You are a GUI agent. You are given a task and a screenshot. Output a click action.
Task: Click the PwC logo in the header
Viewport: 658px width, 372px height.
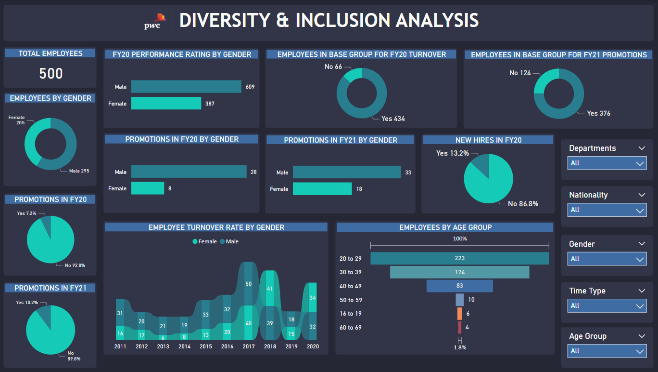coord(155,22)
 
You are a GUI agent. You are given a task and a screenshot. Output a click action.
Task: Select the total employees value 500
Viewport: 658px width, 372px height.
coord(51,73)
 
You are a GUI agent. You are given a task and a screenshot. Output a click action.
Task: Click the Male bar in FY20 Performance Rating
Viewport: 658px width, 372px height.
coord(186,87)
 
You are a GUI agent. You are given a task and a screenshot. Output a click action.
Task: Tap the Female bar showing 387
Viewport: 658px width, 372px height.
coord(166,103)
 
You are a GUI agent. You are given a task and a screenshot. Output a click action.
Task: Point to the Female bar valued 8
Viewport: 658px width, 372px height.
coord(148,188)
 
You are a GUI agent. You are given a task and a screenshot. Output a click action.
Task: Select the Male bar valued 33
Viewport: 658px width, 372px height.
coord(347,172)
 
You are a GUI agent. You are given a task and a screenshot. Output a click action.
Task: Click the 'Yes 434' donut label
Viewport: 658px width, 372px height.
coord(393,119)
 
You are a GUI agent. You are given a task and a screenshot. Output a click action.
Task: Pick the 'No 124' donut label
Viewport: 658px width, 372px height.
coord(520,73)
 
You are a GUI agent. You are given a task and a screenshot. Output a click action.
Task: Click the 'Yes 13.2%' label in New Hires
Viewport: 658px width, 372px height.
coord(452,153)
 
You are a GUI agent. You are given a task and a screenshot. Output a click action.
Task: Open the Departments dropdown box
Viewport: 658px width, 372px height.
coord(607,163)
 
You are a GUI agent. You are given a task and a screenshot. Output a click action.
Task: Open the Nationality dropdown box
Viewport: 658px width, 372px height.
coord(607,210)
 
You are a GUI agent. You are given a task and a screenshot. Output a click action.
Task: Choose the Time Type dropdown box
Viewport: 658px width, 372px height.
coord(607,306)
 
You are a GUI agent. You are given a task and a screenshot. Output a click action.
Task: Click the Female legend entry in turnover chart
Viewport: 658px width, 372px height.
coord(205,241)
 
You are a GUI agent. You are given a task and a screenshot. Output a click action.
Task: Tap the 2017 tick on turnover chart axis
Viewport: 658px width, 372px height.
coord(249,346)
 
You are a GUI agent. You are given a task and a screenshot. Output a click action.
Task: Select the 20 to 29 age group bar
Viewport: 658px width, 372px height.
coord(459,258)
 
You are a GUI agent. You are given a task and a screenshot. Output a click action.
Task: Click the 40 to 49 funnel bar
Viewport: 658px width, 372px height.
coord(459,286)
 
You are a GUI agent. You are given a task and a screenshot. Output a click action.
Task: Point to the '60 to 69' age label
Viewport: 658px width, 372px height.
coord(350,328)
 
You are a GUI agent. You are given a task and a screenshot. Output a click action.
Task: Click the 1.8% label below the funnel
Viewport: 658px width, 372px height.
coord(460,347)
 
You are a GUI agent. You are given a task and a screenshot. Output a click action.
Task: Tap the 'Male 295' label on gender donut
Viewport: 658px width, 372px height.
coord(79,171)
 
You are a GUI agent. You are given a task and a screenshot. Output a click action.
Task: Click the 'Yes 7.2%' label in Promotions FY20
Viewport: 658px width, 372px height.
coord(26,213)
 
